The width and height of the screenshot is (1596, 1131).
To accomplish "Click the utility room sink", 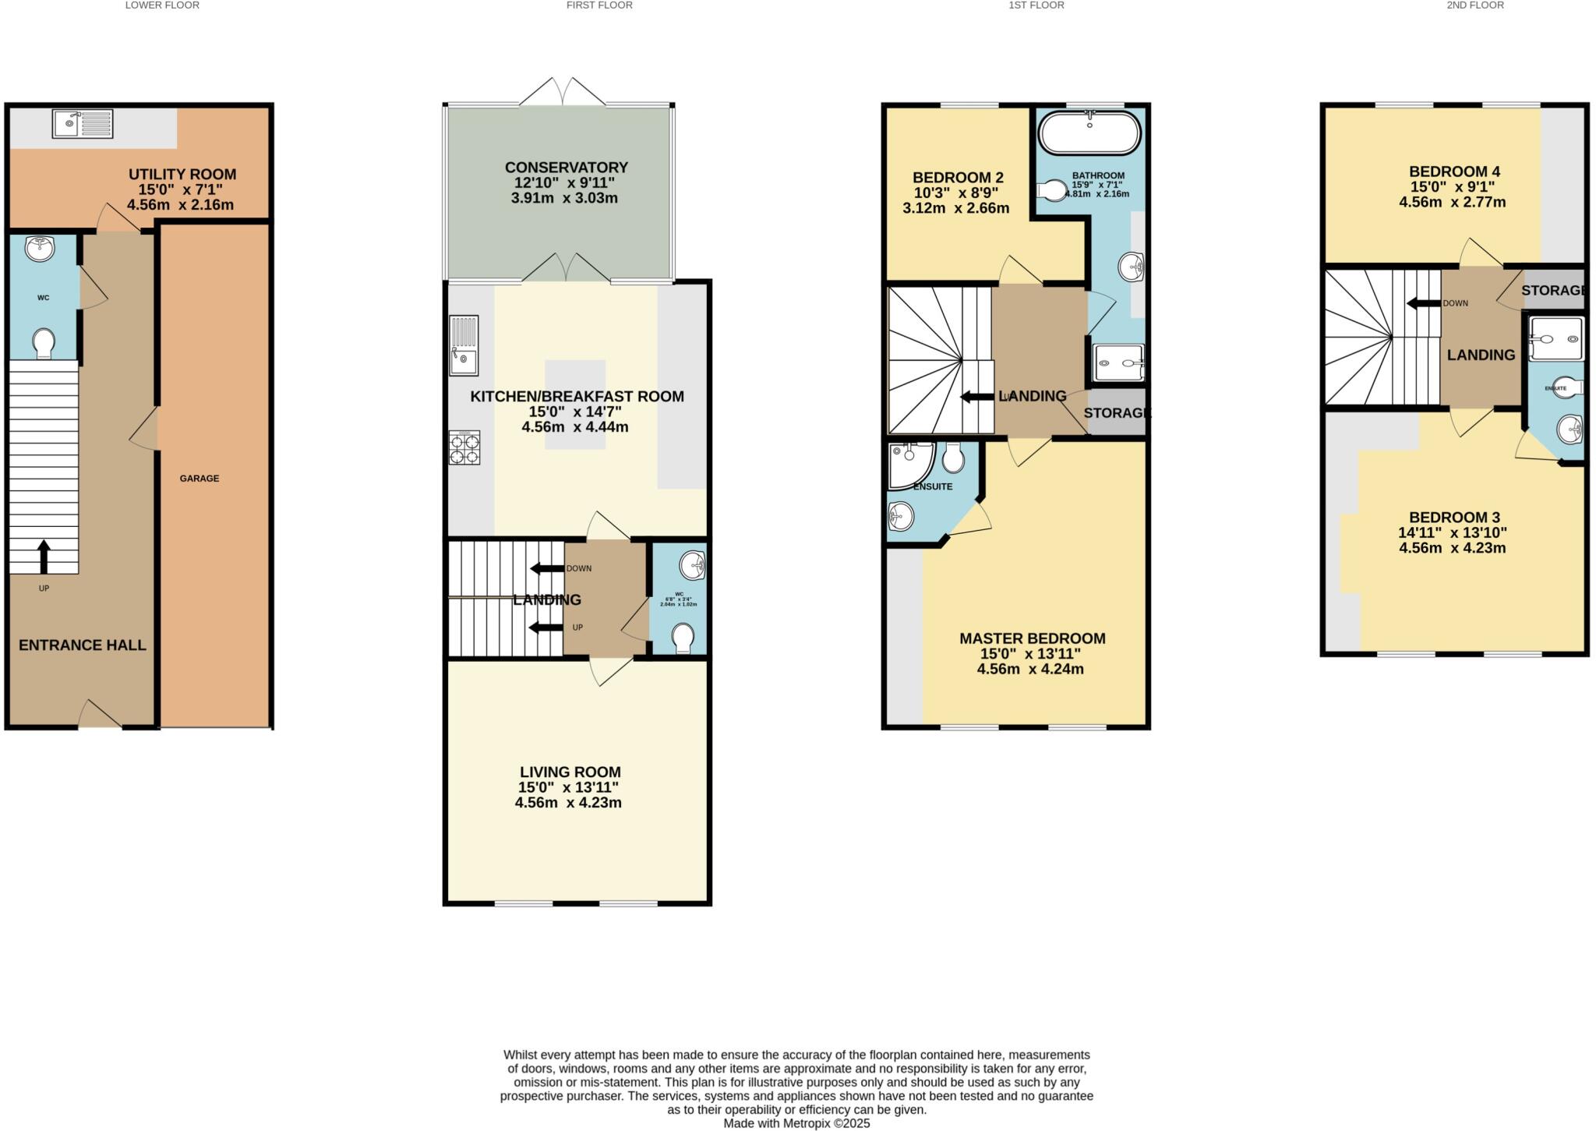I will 83,123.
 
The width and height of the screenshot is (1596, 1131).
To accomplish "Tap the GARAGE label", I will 199,479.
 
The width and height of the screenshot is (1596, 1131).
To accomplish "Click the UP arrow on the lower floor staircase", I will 44,557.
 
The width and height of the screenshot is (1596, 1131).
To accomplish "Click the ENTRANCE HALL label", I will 83,645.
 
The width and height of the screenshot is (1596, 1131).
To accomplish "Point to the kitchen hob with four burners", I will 464,448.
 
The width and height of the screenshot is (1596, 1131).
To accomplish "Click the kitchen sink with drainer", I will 464,345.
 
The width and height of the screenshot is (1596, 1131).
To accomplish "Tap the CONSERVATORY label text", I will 566,168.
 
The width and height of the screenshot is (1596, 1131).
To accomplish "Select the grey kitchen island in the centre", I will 575,404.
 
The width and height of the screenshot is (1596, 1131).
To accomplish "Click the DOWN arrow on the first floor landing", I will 547,568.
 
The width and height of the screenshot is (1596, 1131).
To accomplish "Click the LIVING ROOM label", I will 570,772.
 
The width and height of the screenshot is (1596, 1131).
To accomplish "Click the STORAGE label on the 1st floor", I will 1116,413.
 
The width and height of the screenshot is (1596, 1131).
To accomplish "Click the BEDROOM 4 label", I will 1454,171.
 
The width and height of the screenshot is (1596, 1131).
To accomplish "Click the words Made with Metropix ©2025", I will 796,1123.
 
